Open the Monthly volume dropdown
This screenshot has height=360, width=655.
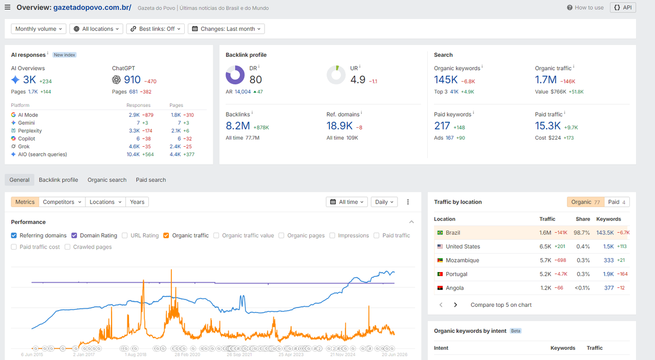38,29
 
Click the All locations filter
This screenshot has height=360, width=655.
96,29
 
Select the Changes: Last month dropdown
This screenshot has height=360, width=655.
226,29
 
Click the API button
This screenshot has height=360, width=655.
623,8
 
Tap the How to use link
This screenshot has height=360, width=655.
585,8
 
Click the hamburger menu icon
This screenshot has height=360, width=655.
8,7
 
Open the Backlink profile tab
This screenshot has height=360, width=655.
58,179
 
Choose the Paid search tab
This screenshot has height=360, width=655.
151,179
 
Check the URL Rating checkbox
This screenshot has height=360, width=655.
124,236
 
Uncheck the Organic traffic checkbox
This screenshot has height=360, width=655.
166,236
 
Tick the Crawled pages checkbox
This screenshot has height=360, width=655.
67,247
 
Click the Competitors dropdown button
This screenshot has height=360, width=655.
62,202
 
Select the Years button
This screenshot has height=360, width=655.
137,202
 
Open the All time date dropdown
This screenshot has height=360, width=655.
347,202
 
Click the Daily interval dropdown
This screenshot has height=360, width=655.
384,202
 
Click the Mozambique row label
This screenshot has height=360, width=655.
462,260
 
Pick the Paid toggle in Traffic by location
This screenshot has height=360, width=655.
617,202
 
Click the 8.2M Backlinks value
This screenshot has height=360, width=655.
238,126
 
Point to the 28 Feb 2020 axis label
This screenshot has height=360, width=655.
187,354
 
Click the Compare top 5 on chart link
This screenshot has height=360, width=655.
501,305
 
